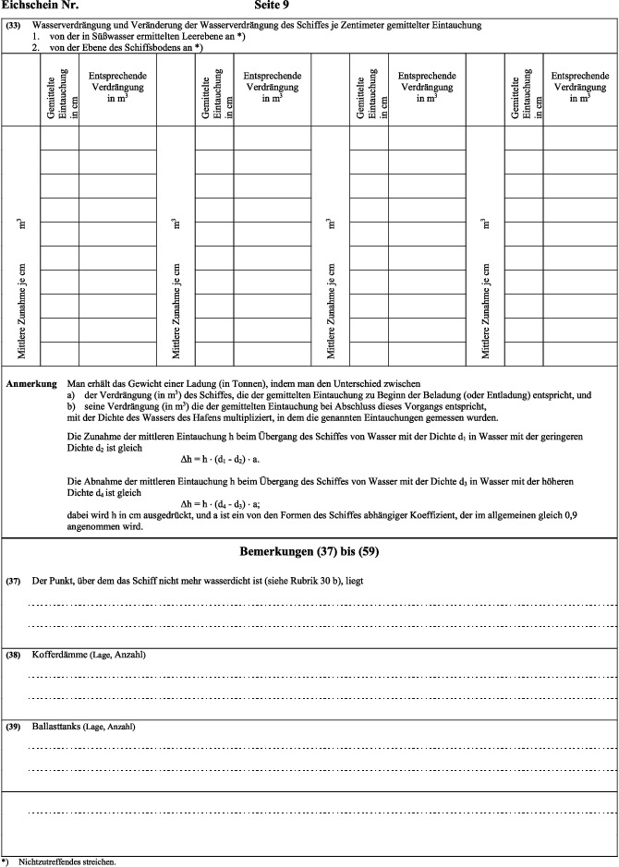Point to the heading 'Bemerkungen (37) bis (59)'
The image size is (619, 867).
point(308,552)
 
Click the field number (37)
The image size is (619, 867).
point(13,583)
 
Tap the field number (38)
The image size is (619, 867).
point(13,655)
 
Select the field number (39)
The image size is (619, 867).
point(13,727)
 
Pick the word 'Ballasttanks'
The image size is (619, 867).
point(56,727)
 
